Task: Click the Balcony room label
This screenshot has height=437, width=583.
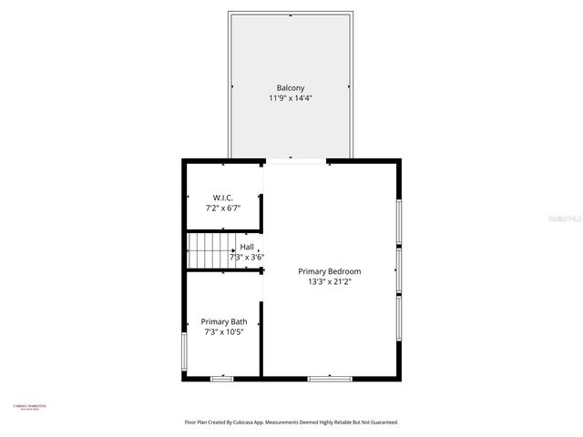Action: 291,87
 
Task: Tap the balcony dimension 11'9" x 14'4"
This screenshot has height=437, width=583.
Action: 291,97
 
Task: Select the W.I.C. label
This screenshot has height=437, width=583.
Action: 223,198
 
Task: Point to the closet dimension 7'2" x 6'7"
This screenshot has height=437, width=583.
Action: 223,208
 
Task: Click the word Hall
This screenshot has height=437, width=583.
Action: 247,247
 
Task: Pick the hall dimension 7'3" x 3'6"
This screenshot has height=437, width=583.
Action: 246,257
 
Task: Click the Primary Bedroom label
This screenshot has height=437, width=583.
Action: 330,271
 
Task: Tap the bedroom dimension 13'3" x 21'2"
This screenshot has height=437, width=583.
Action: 330,282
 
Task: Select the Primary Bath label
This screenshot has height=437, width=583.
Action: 224,321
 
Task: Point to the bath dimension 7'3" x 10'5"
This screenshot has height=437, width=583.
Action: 224,332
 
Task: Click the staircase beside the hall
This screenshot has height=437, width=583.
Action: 209,251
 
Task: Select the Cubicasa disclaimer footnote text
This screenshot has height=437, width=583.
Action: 291,422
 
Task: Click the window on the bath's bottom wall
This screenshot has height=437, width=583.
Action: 222,378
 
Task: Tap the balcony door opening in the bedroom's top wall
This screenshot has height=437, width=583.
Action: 295,161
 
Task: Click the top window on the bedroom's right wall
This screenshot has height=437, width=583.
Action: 398,221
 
